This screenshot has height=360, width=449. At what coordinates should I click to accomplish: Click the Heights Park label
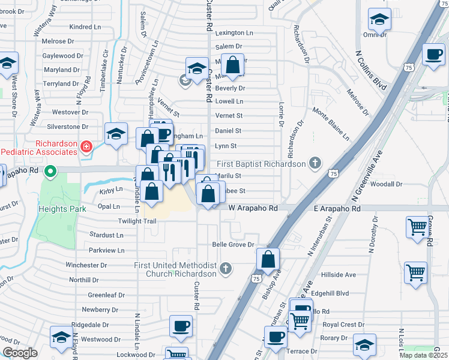[x=62, y=209]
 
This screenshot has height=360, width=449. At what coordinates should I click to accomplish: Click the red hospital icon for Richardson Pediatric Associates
[x=86, y=146]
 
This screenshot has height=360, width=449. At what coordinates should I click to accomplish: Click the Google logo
[x=20, y=353]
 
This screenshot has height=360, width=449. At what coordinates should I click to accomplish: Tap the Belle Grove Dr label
[x=234, y=245]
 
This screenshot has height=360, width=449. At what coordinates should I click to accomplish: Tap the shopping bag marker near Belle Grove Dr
[x=268, y=259]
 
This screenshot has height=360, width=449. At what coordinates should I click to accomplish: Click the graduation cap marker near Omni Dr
[x=379, y=20]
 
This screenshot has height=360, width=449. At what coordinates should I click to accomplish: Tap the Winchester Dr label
[x=86, y=265]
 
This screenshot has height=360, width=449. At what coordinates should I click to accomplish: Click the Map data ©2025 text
[x=424, y=355]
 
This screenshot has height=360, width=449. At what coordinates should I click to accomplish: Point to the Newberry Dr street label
[x=100, y=310]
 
